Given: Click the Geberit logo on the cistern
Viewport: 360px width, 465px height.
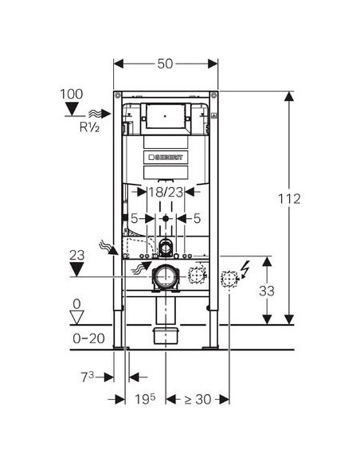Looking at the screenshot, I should coord(166,157).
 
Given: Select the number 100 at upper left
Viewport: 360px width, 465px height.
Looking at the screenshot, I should coord(72,95).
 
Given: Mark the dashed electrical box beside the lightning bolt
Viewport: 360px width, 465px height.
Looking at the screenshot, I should coord(229,278).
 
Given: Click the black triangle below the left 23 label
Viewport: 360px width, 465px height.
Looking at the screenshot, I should coord(76,270).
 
